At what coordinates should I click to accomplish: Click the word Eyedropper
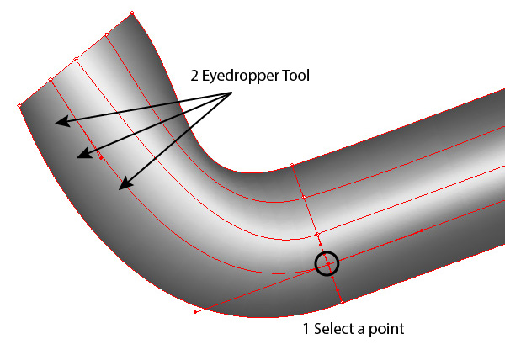click(x=245, y=77)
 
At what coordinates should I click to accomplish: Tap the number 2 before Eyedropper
click(x=194, y=76)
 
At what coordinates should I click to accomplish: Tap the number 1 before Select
click(x=306, y=329)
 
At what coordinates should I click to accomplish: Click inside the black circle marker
click(x=327, y=263)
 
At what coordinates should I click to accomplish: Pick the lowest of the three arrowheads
click(x=123, y=186)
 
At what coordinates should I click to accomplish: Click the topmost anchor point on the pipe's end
click(x=132, y=13)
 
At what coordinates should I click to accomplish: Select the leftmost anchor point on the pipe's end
click(x=19, y=105)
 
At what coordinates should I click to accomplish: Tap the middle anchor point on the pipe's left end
click(x=76, y=59)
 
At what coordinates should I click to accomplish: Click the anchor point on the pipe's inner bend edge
click(x=291, y=165)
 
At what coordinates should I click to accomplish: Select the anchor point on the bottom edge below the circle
click(x=343, y=301)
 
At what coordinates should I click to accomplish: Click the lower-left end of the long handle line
click(x=195, y=312)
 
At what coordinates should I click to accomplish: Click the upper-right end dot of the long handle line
click(x=421, y=229)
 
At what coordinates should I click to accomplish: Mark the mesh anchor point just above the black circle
click(x=317, y=235)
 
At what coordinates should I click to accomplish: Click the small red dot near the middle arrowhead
click(x=101, y=157)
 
